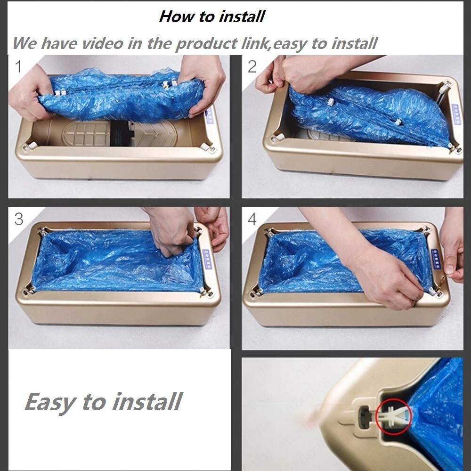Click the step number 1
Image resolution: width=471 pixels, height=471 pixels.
click(x=19, y=67)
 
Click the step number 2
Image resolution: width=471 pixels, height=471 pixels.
click(x=252, y=67)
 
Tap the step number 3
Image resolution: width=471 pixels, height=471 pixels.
click(x=19, y=219)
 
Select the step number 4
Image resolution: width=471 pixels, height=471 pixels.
click(x=252, y=219)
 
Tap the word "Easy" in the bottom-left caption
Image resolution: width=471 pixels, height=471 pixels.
click(x=49, y=402)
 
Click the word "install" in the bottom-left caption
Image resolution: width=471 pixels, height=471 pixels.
click(x=146, y=401)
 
